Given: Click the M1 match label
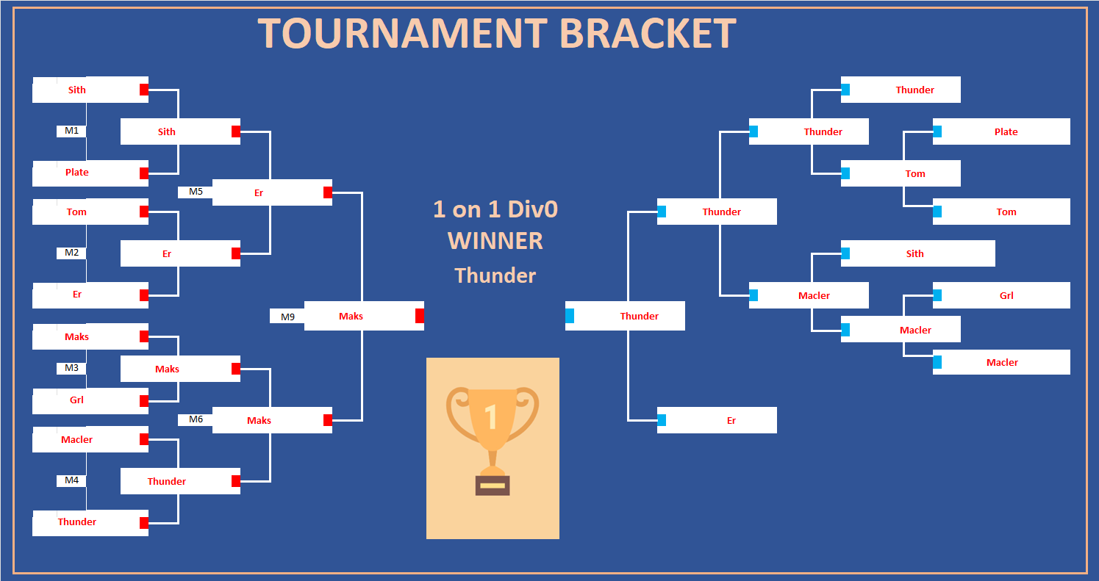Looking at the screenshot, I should coord(71,131).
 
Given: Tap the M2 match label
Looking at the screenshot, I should coord(71,253).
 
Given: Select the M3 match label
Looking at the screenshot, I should coord(71,368).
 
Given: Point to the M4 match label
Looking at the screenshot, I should coord(71,480).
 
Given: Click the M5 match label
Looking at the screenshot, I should coord(196,192).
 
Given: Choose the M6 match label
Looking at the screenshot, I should coord(196,419).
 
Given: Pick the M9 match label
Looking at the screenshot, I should coord(287,317).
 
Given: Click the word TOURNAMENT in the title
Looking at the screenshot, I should coord(402,33).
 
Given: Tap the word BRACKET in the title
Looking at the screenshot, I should coord(648,33).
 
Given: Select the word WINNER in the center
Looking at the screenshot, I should coord(495,241).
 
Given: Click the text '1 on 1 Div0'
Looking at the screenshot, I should coord(495,209).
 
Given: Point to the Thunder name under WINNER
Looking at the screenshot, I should coord(495,275).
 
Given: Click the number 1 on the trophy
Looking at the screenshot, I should coord(492,416).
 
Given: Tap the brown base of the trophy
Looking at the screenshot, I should coord(493,485).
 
